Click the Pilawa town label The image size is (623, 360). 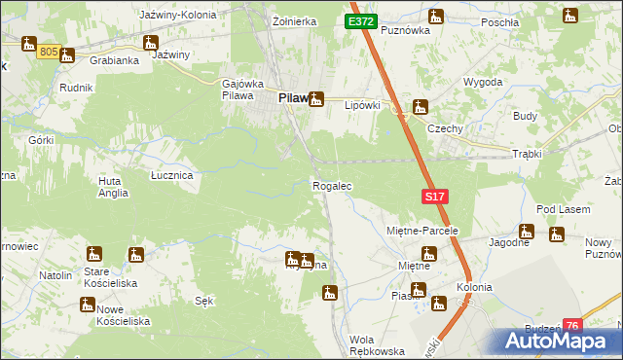coord(292,98)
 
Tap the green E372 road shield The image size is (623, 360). coord(359,21)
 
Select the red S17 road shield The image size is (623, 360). coord(435,198)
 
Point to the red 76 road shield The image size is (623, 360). coord(572,326)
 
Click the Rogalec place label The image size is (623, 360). coord(331,185)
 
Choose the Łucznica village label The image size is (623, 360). coord(171,175)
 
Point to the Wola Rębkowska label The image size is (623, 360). coord(376,345)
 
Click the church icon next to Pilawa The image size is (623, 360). coord(315,98)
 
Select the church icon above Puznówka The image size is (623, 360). coord(435,16)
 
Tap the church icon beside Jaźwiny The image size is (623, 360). coord(151,43)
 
